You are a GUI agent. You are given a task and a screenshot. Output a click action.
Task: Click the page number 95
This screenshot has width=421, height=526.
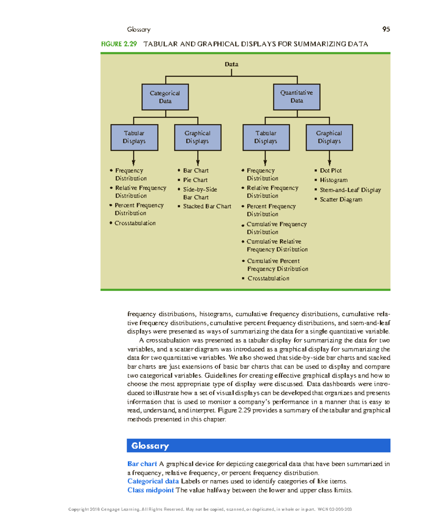coord(386,29)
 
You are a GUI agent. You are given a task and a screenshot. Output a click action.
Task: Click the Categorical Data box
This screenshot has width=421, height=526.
coord(165,97)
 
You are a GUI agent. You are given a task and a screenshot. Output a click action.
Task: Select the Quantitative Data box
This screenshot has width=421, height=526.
coord(296,97)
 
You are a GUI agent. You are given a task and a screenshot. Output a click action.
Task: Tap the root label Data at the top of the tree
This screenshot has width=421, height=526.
coord(231,64)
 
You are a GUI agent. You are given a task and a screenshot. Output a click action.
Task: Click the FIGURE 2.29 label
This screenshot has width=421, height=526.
coord(119,44)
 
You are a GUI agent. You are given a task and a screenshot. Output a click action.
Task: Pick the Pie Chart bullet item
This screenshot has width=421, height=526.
coord(195,180)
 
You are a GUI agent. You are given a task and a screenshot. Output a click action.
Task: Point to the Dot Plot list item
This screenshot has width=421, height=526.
coord(330,170)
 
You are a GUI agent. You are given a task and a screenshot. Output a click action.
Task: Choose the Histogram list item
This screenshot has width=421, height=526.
coord(333,180)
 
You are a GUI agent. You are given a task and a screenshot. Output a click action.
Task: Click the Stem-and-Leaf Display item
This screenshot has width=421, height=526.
coord(350,190)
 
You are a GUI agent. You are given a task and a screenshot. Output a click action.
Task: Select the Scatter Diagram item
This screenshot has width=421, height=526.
coord(341,199)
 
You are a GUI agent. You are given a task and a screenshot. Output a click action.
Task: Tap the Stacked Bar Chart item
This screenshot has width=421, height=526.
coord(207,206)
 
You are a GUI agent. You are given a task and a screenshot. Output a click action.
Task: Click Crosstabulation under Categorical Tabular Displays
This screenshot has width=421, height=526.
coord(135,223)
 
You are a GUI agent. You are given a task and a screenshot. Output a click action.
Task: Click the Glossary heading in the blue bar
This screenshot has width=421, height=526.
coord(150,446)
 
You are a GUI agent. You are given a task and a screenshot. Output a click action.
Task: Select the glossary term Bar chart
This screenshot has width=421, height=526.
coord(142,464)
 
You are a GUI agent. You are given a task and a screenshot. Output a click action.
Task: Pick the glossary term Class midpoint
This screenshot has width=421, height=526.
coord(151,490)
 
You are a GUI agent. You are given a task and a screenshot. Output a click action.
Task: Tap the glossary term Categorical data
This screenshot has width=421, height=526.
coord(153,481)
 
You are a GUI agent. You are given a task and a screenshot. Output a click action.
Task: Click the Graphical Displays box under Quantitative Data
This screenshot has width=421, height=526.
coord(329,137)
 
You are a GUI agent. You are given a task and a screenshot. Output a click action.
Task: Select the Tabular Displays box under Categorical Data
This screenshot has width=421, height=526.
coord(134,137)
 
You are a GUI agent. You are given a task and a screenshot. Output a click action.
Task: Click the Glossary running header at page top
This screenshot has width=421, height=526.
coord(139,29)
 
